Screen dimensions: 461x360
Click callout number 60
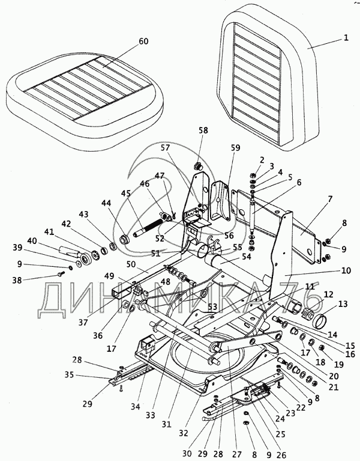(143, 41)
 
